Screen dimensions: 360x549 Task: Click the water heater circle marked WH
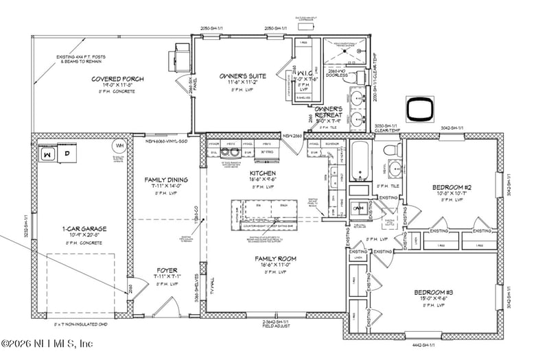(119, 146)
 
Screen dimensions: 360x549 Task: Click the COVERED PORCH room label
(117, 80)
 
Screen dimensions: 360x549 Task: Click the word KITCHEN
(263, 173)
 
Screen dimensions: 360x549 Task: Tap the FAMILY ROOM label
(275, 259)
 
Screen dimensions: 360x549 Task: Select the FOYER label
(167, 269)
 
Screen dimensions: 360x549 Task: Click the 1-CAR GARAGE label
(82, 228)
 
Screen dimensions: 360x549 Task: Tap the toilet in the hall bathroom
(391, 149)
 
